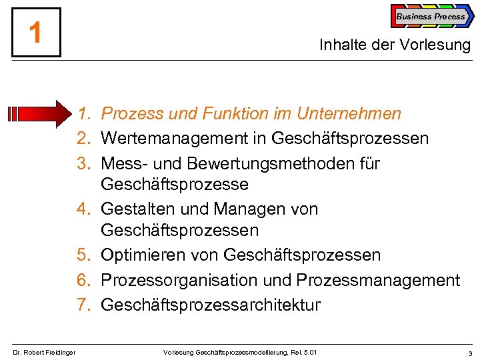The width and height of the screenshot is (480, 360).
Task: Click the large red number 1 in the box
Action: coord(36,32)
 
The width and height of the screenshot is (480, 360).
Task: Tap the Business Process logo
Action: coord(431,17)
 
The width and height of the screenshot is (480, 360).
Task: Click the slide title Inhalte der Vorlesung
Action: coord(395,45)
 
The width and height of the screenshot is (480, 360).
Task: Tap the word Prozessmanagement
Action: coord(379,281)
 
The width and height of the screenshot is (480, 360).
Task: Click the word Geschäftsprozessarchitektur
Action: coord(211,305)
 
